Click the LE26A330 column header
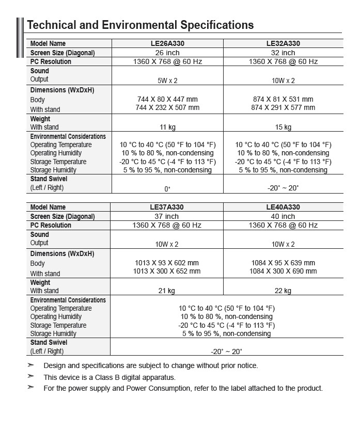coord(167,44)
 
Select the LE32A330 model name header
coord(283,44)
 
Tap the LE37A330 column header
coord(167,207)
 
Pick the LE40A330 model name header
coord(283,207)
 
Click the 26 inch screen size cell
coord(167,53)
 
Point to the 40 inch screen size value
coord(283,216)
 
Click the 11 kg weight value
coord(167,127)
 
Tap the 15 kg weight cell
coord(283,127)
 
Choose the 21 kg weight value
coord(167,291)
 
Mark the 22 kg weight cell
coord(283,291)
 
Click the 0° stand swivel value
coord(167,189)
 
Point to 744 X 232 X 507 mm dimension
coord(167,107)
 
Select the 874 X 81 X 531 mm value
coord(283,99)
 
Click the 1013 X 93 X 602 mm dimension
coord(167,263)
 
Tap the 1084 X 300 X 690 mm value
coord(283,271)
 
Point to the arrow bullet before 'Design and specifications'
coord(31,365)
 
